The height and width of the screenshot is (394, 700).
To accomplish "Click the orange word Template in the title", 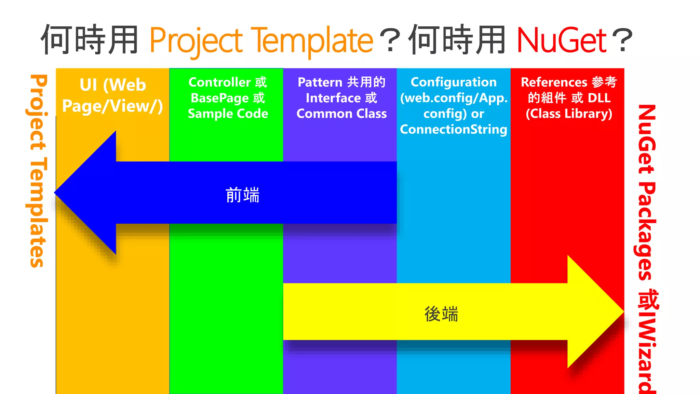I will tap(312, 41).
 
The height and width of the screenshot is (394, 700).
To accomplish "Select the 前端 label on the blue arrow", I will tap(243, 195).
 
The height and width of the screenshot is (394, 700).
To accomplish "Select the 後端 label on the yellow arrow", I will tap(441, 314).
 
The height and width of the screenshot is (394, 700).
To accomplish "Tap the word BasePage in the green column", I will tap(220, 98).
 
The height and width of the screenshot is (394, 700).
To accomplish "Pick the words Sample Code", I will tap(228, 114).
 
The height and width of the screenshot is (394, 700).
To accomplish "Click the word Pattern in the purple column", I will tap(320, 82).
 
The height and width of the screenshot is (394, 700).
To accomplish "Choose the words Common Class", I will tap(341, 114).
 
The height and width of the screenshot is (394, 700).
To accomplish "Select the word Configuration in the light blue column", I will tap(454, 82).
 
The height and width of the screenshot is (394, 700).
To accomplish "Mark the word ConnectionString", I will tap(454, 130).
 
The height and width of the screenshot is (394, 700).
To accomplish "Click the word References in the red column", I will tap(554, 82).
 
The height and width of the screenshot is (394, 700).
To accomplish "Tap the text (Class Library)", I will tap(569, 114).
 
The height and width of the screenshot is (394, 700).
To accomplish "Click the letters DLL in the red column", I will tap(599, 98).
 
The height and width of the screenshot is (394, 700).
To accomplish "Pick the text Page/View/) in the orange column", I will tap(112, 106).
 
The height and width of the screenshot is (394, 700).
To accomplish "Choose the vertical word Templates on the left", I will tap(37, 212).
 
